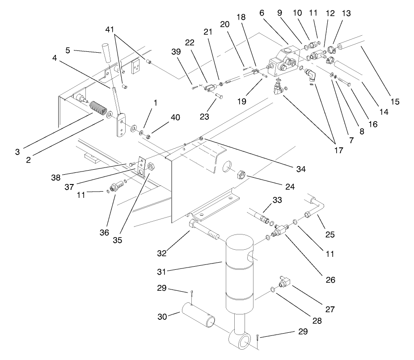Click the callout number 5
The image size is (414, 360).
tap(68, 50)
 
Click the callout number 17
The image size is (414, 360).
tap(338, 151)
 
